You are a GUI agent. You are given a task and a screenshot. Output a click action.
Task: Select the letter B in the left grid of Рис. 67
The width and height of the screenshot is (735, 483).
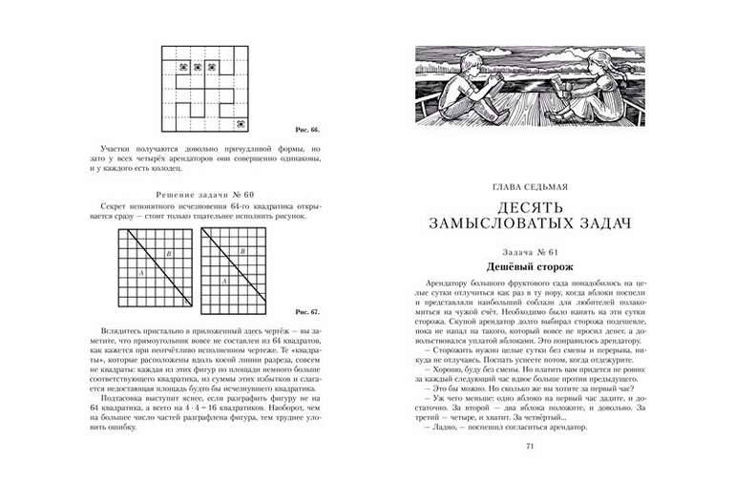169,254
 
